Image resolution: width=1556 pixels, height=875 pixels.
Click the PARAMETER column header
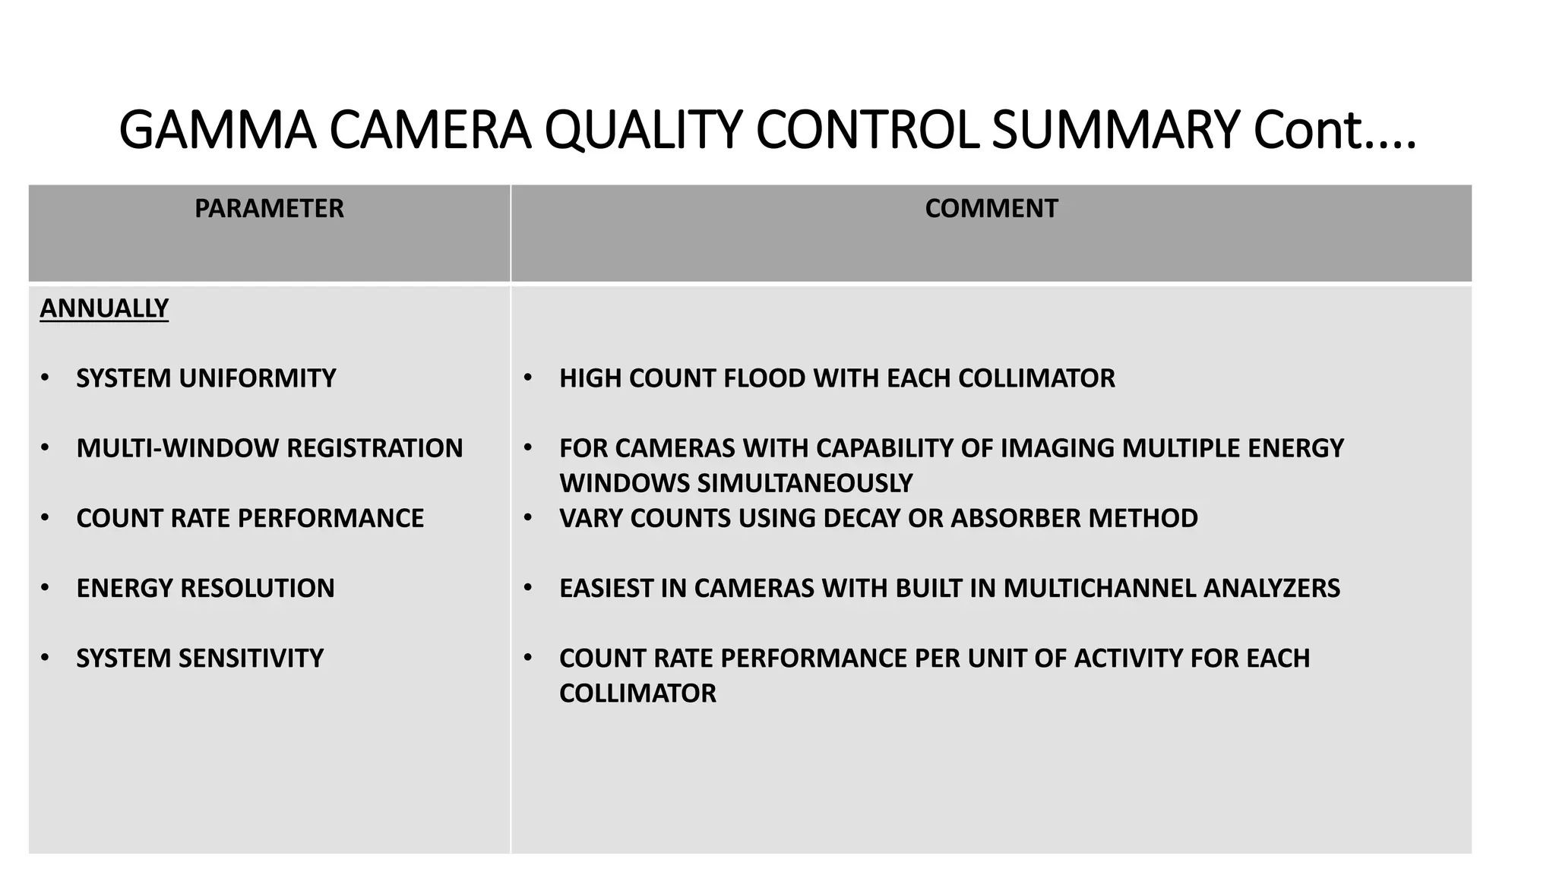[x=269, y=209]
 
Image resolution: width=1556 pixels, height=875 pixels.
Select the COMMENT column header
[x=991, y=209]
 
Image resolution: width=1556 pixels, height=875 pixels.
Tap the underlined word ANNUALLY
[x=104, y=308]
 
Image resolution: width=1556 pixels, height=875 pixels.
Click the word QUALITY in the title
[x=643, y=131]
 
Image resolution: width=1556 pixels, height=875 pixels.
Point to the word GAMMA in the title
[x=217, y=131]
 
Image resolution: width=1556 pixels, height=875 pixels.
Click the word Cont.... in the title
[x=1334, y=131]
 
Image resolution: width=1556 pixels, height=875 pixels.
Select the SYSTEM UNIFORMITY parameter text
[x=206, y=378]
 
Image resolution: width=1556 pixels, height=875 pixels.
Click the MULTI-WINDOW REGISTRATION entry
[x=270, y=448]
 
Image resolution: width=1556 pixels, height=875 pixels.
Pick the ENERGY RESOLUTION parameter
[x=205, y=588]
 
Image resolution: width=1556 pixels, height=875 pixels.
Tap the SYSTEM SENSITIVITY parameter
[x=200, y=658]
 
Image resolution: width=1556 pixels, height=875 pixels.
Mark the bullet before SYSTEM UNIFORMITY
[x=46, y=377]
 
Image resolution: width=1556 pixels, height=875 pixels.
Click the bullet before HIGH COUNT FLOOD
[x=528, y=377]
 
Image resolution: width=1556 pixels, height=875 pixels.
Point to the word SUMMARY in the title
[x=1115, y=131]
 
